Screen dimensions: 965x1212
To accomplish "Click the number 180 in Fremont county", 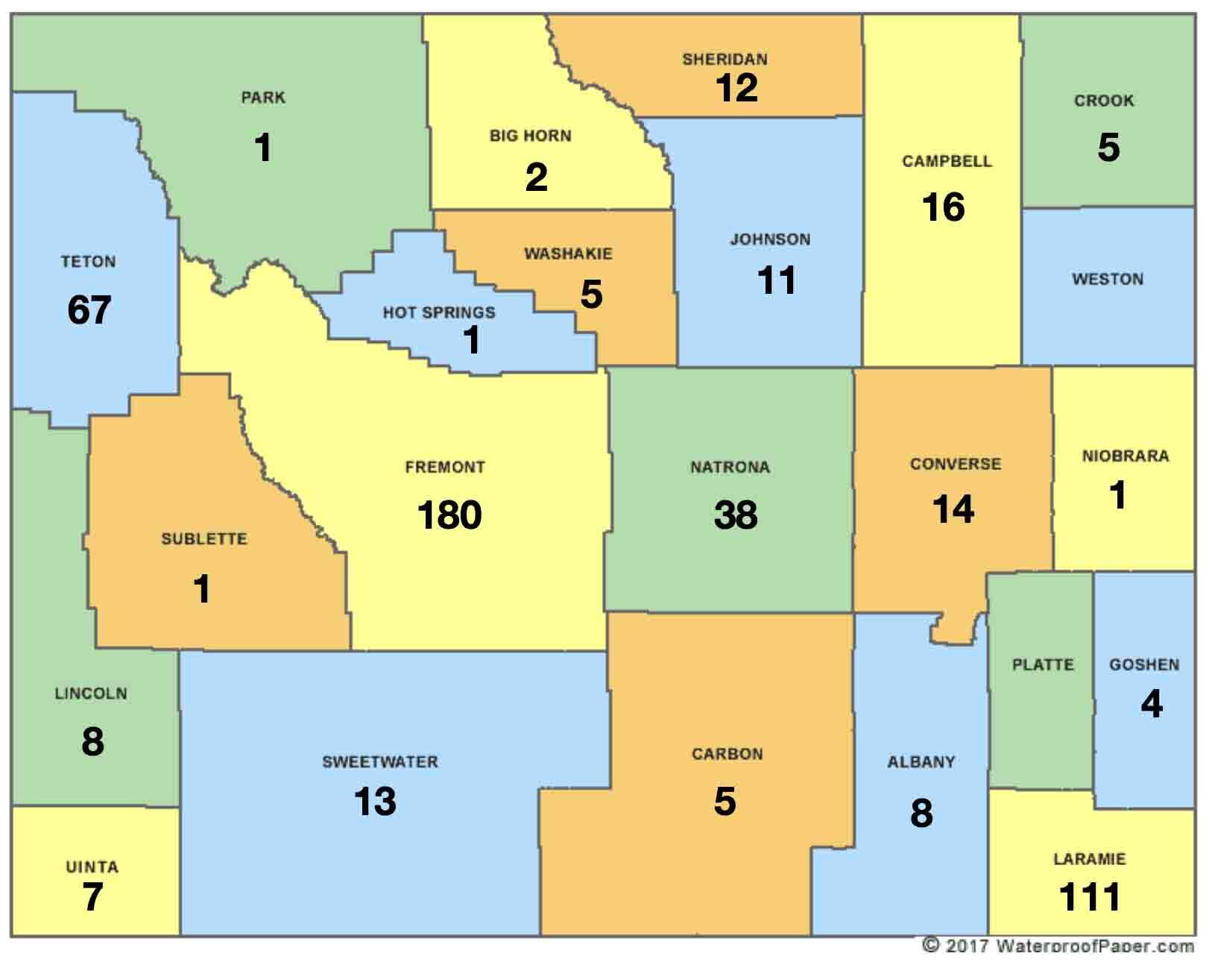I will [449, 515].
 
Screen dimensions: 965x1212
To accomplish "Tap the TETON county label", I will [88, 262].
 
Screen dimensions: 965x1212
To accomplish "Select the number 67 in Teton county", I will [89, 310].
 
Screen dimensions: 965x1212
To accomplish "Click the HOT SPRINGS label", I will [438, 312].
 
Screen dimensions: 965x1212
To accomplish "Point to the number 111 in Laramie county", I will [1090, 897].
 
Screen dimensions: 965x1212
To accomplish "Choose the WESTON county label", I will [1107, 280].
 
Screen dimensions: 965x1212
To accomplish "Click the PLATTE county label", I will [1043, 664].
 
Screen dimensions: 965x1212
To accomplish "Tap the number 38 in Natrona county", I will [736, 515].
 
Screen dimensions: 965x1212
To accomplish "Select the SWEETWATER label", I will [380, 762].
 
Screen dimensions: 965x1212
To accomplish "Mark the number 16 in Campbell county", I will [944, 207].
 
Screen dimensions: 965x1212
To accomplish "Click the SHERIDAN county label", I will [725, 59].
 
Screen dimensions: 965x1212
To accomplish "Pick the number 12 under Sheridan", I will [736, 88].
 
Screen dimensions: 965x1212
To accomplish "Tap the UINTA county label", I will [92, 867].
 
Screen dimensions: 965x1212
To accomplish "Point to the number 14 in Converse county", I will [953, 510].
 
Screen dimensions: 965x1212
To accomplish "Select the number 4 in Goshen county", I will [1152, 704].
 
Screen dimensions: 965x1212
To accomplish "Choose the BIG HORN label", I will [530, 136].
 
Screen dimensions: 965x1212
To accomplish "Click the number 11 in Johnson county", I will [777, 280].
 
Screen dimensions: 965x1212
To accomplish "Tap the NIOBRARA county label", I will [1125, 456].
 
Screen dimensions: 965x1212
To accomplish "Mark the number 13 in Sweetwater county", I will [375, 802].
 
